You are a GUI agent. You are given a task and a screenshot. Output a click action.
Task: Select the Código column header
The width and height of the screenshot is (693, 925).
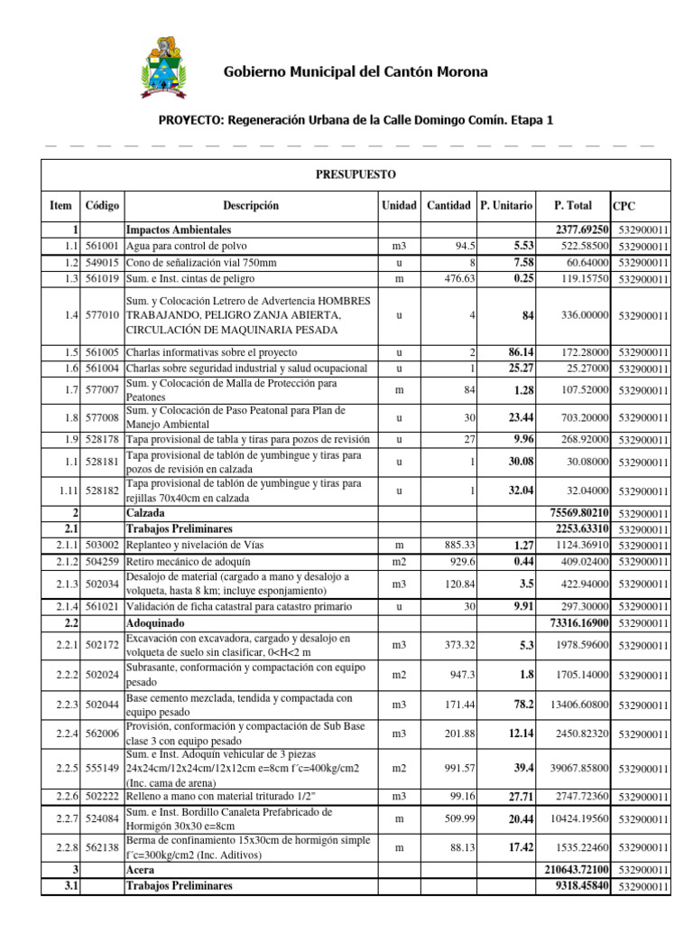[x=101, y=206]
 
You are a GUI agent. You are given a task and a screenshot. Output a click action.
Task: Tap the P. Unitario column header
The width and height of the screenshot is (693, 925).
[x=506, y=206]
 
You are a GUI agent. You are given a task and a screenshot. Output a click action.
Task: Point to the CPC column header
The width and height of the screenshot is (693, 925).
[x=624, y=207]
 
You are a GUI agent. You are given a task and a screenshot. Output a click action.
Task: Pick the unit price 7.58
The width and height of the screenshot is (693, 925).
[x=522, y=262]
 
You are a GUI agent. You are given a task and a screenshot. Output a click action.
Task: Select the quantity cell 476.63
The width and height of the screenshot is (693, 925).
[x=451, y=278]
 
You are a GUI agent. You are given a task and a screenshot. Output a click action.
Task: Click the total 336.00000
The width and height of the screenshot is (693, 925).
[x=585, y=315]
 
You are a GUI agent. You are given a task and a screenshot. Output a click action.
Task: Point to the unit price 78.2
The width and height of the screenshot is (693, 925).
[x=522, y=705]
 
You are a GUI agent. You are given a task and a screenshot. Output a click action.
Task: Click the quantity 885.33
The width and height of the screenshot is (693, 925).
[x=450, y=545]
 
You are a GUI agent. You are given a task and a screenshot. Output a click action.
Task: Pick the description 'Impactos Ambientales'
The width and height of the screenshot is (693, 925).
[x=180, y=230]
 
